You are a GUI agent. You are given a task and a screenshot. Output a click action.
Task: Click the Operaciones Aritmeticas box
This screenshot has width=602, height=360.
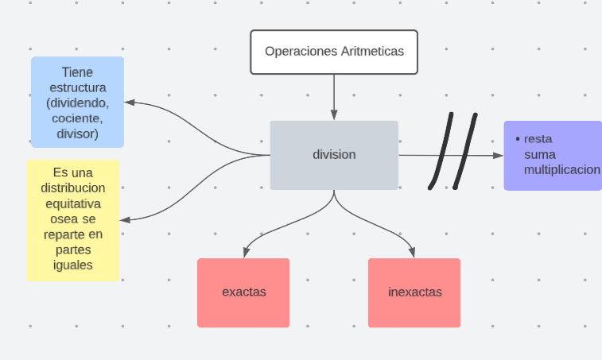[x=334, y=52]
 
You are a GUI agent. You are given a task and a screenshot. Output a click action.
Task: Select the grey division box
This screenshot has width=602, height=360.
[x=334, y=155]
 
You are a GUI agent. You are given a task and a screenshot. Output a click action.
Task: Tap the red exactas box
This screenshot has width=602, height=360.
[x=243, y=292]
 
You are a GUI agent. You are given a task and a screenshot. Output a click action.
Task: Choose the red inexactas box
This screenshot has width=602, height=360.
[x=414, y=292]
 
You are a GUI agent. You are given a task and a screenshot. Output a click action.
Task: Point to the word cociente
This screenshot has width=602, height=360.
[x=76, y=118]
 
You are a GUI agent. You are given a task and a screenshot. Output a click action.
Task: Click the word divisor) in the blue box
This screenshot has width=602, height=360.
[x=77, y=134]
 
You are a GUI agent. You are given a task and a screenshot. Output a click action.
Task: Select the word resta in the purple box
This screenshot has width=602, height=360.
[x=538, y=139]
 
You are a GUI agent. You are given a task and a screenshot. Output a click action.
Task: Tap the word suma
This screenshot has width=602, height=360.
[x=540, y=154]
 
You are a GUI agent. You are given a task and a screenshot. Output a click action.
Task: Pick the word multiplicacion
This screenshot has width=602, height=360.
[x=561, y=170]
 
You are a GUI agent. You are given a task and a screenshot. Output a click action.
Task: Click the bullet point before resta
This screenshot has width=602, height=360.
[x=518, y=139]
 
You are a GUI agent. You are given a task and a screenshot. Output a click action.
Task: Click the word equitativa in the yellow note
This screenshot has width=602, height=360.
[x=72, y=203]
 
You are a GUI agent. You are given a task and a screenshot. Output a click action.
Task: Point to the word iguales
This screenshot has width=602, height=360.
[x=72, y=265]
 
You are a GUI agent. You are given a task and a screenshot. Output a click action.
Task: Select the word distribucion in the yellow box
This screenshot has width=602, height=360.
[x=72, y=188]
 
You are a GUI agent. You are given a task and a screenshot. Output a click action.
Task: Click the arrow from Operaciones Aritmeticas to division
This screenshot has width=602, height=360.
[x=334, y=95]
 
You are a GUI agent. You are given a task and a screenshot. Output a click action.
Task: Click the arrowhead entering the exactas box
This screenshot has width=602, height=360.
[x=243, y=253]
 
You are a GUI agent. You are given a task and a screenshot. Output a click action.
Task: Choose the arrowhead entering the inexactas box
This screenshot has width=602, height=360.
[x=414, y=253]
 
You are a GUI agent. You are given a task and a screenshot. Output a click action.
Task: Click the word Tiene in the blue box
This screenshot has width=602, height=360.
[x=77, y=72]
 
